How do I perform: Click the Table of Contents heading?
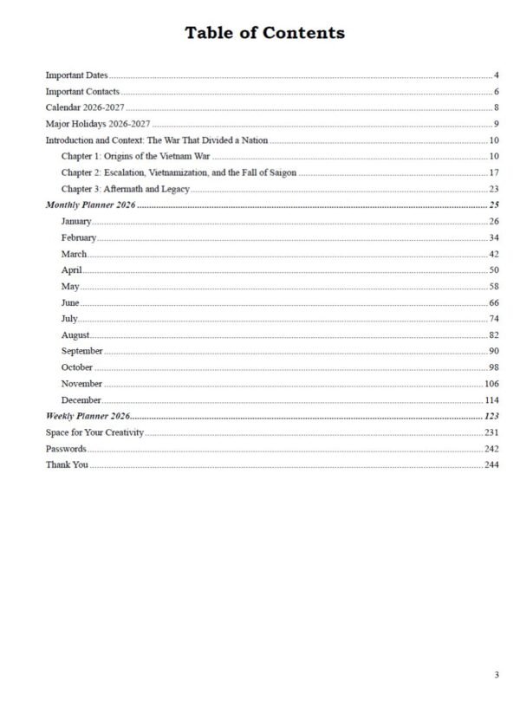point(264,33)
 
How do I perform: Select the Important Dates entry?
point(76,76)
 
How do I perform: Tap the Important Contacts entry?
point(82,92)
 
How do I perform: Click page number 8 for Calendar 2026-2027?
point(496,108)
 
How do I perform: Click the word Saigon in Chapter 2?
point(279,172)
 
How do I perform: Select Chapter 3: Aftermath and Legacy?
point(125,189)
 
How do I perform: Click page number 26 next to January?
point(493,222)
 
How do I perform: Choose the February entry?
point(79,237)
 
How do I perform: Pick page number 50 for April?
point(493,270)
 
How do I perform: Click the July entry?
point(69,319)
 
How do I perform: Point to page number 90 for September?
point(493,351)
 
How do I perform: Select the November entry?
point(81,384)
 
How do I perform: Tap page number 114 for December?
point(491,400)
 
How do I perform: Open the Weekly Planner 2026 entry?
point(88,417)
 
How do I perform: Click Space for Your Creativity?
point(94,432)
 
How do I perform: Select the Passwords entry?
point(66,449)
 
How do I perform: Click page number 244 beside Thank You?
point(491,465)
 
